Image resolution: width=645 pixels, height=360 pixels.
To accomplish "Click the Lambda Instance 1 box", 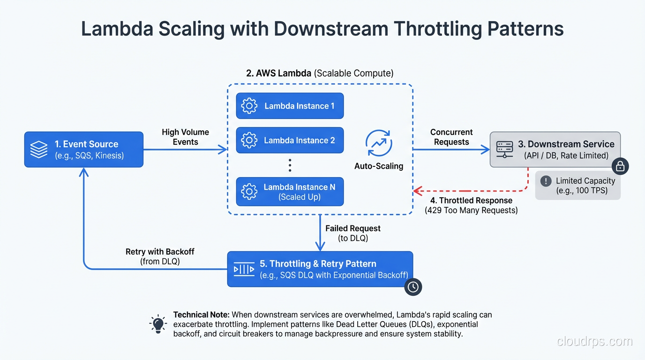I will (290, 106).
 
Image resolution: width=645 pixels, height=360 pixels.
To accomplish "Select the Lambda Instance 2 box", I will (290, 140).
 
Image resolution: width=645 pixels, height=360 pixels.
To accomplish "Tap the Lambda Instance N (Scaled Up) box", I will (290, 192).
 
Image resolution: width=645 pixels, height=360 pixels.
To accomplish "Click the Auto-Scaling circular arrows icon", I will (378, 143).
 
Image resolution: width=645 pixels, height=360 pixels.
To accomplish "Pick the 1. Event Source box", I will (84, 150).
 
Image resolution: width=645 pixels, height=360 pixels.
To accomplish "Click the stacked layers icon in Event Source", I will (39, 150).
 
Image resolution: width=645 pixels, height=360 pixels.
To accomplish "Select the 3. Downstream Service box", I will (555, 150).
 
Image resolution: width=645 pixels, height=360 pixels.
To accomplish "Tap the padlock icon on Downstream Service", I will (620, 166).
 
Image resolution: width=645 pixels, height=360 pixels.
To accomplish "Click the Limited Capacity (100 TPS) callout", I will (578, 186).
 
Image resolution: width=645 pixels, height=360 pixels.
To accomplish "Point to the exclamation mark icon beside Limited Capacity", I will (546, 181).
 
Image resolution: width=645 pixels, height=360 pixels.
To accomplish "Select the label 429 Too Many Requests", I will (471, 210).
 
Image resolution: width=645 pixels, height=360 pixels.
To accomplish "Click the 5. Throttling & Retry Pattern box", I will (320, 269).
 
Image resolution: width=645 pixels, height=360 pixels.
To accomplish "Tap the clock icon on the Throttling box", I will (413, 287).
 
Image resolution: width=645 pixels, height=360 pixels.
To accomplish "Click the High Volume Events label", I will (186, 137).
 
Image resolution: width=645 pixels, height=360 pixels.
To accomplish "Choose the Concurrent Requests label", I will (451, 137).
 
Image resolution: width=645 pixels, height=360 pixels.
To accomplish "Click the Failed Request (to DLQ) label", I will (353, 233).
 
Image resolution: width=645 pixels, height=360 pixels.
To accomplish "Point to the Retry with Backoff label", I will (160, 256).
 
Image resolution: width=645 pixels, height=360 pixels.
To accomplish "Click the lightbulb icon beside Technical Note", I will (158, 324).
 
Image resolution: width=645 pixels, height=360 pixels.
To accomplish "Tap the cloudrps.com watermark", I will (594, 341).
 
